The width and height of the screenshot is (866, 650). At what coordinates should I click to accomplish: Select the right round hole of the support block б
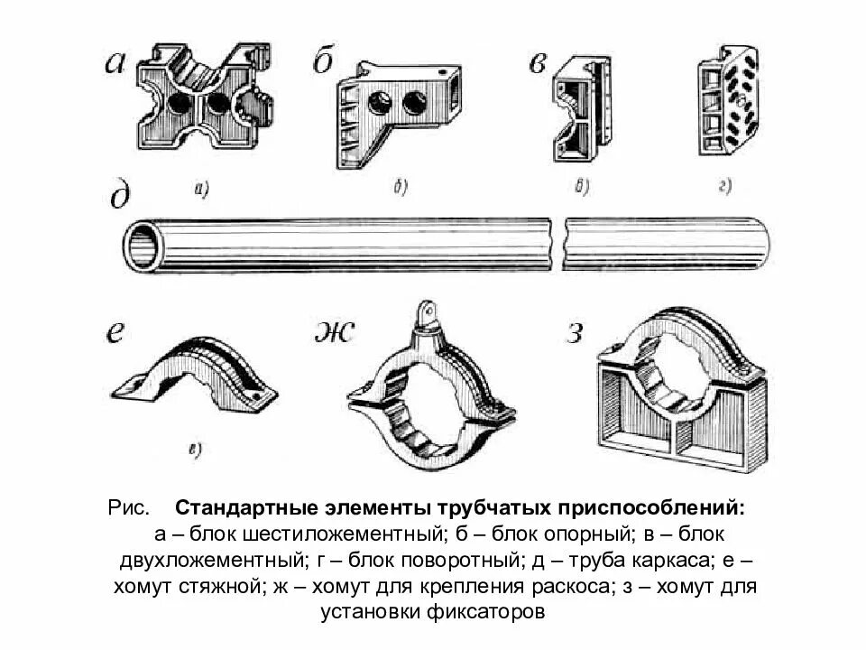coord(415,102)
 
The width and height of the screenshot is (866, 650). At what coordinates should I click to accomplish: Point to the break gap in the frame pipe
coord(557,241)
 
